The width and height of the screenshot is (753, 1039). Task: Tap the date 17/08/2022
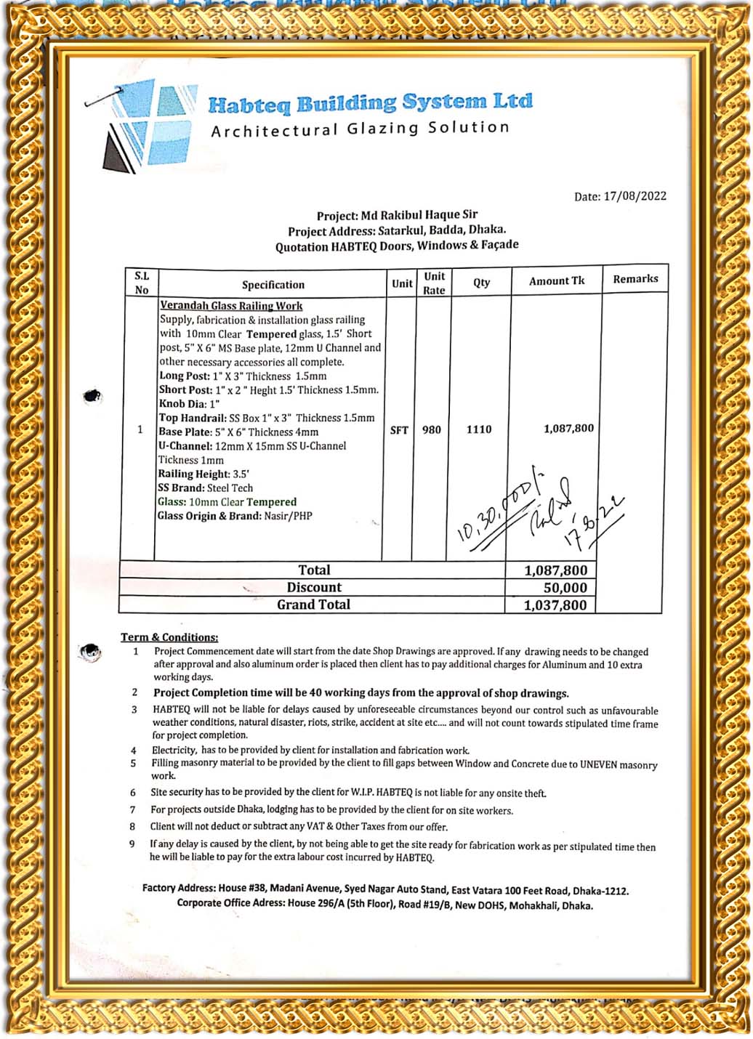tap(635, 196)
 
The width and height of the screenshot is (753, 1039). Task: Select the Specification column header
tap(273, 285)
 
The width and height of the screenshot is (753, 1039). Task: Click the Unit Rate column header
tap(434, 283)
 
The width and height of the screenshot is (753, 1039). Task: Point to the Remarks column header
tap(635, 279)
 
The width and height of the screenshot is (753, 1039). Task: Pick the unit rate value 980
tap(432, 430)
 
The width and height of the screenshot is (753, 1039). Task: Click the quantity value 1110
tap(479, 429)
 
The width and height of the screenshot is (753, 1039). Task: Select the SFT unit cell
tap(399, 430)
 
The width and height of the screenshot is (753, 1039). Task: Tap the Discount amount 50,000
tap(565, 588)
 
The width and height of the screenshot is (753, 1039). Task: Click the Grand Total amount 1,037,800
tap(555, 605)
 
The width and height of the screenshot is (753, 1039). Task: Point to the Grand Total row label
tap(313, 605)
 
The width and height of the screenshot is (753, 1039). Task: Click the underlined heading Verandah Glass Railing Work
tap(231, 306)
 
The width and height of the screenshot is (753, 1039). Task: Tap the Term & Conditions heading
tap(169, 637)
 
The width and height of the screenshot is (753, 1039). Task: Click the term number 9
tap(132, 844)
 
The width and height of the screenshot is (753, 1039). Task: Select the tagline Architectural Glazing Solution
tap(360, 129)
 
